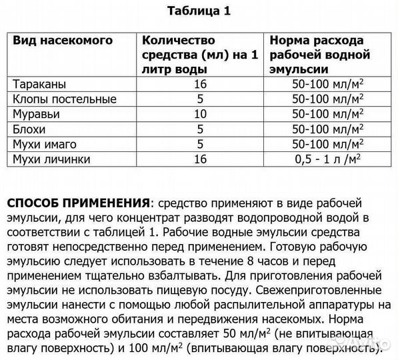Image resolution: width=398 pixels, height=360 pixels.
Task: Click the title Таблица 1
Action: coord(198,11)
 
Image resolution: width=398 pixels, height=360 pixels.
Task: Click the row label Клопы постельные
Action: coord(65,99)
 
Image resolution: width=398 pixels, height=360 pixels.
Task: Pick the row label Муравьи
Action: coord(37,113)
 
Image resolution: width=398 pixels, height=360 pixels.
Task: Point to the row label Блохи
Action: coord(31,128)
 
